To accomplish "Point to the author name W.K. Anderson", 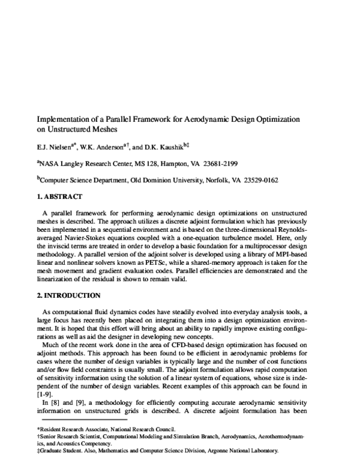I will point(104,146).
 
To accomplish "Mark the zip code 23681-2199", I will point(254,163).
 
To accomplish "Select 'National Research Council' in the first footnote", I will point(143,429).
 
